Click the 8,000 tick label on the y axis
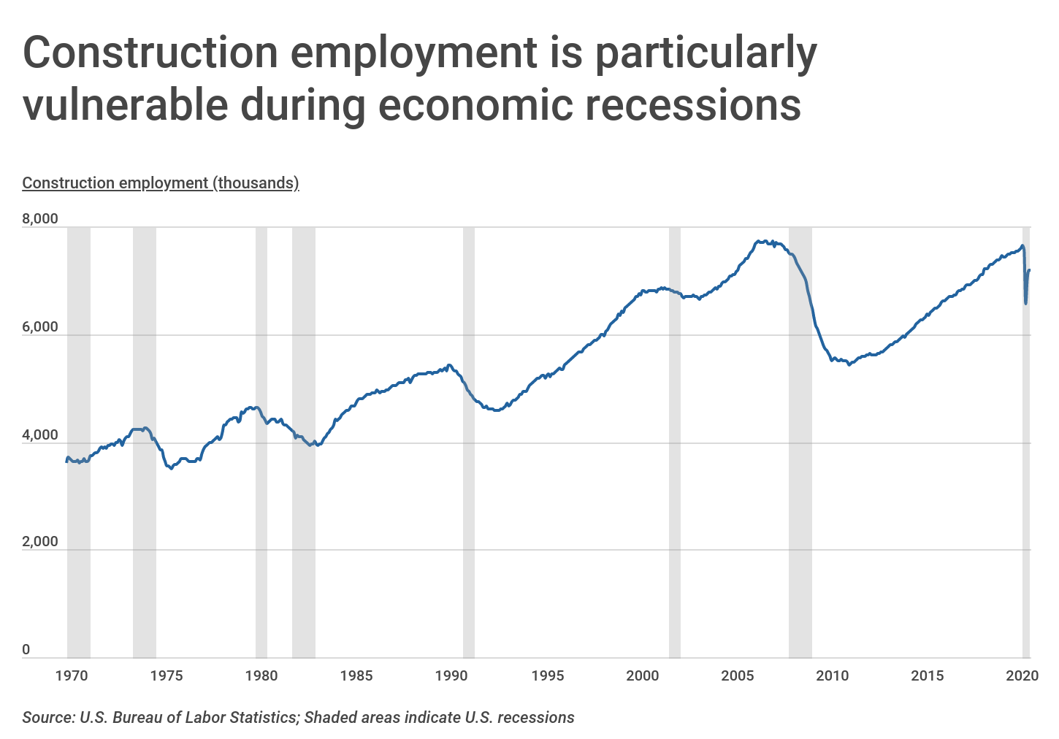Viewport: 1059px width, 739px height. tap(40, 219)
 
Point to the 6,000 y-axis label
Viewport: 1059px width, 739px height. tap(40, 327)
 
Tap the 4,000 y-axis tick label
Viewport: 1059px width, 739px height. tap(40, 435)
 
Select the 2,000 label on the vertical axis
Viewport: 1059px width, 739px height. tap(40, 542)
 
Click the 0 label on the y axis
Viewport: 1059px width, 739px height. tap(26, 649)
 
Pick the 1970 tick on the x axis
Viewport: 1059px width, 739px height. tap(72, 675)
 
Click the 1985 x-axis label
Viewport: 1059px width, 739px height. tap(356, 675)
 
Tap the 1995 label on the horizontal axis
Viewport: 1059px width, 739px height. tap(547, 675)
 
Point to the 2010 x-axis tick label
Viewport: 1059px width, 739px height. tap(833, 675)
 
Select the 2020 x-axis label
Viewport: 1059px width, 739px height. tap(1022, 675)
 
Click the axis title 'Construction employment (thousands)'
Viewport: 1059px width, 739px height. tap(161, 183)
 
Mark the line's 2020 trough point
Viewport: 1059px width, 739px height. tap(1026, 303)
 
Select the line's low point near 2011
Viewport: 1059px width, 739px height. tap(849, 364)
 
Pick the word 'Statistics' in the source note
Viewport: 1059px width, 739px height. tap(260, 717)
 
